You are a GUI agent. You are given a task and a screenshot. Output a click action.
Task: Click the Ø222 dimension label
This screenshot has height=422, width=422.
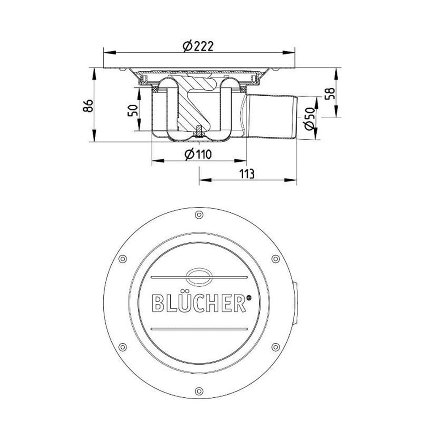tap(198, 46)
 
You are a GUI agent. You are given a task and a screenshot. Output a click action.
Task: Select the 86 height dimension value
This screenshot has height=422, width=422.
tap(88, 106)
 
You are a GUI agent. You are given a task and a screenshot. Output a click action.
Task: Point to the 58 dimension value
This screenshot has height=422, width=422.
tap(330, 93)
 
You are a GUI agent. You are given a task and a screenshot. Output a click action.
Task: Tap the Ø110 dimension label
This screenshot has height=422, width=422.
tap(198, 154)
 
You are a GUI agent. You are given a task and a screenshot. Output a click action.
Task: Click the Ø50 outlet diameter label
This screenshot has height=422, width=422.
tap(309, 118)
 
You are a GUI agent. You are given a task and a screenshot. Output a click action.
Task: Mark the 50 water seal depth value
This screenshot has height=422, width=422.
tap(133, 110)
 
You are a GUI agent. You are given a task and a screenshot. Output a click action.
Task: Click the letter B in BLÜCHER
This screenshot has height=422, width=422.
tap(158, 303)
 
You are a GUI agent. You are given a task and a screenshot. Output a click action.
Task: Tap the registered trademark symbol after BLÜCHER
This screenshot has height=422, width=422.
tap(249, 297)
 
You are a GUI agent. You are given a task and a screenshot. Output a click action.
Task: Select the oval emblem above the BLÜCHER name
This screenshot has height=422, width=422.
tap(199, 276)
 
